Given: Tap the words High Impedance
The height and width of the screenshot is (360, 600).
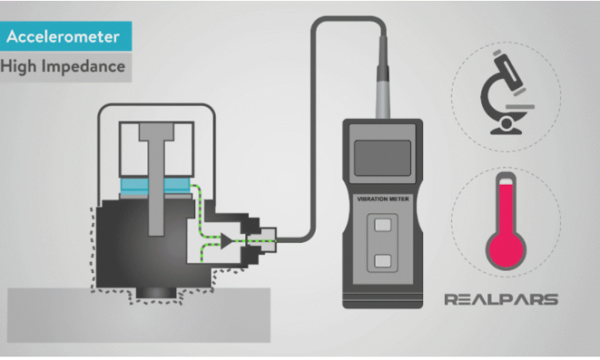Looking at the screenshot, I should click(x=66, y=66).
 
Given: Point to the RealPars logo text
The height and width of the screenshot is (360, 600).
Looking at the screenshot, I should click(x=501, y=300).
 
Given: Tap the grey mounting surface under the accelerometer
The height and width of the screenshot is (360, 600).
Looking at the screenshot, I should click(x=130, y=321).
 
